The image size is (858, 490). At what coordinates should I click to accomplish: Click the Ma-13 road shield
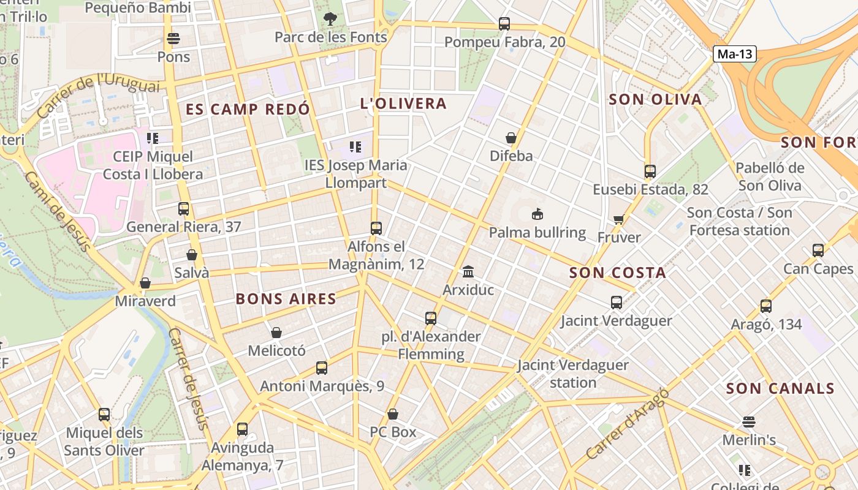pos(734,54)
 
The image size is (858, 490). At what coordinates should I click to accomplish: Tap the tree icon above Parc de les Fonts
pos(330,19)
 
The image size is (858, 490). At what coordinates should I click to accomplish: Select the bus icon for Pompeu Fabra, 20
pos(504,24)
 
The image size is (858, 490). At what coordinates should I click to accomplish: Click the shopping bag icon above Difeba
pos(511,138)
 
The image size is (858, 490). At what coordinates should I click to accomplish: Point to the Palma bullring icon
pos(537,214)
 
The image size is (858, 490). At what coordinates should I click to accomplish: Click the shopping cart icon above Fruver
pos(618,219)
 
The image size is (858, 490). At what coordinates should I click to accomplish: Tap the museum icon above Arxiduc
pos(468,271)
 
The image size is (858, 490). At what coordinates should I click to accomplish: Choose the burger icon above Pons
pos(173,39)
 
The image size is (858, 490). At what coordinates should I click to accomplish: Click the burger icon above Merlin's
pos(748,422)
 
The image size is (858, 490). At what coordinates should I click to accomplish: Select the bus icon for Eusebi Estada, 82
pos(650,171)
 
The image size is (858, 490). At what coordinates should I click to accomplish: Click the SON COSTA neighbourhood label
pos(617,273)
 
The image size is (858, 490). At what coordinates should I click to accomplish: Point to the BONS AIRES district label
pos(286,299)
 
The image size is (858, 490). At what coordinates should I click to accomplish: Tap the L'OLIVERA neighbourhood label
pos(403,104)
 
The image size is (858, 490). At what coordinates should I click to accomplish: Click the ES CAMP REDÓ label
pos(248,110)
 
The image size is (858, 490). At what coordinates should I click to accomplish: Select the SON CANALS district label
pos(780,388)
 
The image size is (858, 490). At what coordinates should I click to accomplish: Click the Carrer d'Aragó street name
pos(626,424)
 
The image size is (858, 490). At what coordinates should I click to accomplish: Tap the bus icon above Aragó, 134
pos(765,306)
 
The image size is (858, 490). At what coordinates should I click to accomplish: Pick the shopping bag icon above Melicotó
pos(276,333)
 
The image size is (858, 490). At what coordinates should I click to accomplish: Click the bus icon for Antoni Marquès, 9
pos(322,368)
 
